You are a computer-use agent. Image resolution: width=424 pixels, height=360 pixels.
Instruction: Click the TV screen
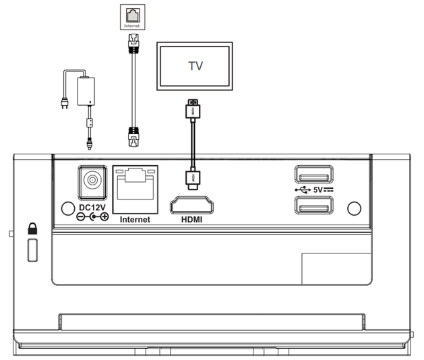tap(194, 65)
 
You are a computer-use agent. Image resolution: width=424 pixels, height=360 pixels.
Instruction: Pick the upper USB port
tap(312, 176)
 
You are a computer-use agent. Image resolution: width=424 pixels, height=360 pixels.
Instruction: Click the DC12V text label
tap(91, 206)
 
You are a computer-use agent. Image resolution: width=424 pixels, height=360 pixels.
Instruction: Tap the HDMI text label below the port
tap(191, 220)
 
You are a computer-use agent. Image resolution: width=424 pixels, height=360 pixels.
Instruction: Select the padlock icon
tap(31, 229)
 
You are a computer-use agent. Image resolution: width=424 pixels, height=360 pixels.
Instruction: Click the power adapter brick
tap(86, 90)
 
